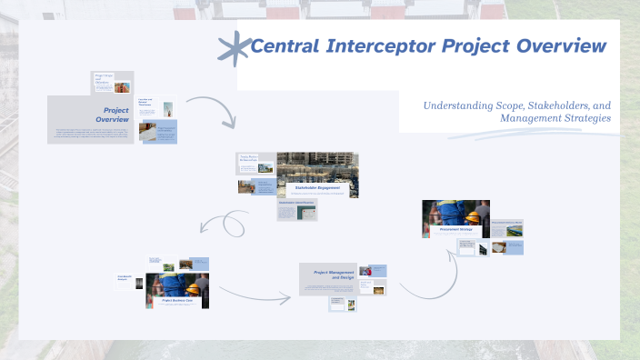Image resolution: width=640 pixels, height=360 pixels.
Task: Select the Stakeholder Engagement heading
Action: click(317, 187)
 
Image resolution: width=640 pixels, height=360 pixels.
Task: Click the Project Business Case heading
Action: click(178, 299)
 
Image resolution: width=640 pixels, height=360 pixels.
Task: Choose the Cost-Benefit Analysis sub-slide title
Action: click(125, 277)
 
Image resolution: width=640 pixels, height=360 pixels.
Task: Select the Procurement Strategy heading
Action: click(455, 230)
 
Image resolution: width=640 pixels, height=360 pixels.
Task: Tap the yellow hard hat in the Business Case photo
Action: click(193, 289)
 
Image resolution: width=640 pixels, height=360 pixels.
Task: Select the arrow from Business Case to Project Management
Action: click(254, 293)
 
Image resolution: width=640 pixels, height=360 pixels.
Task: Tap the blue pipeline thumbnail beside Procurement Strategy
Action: click(514, 233)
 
